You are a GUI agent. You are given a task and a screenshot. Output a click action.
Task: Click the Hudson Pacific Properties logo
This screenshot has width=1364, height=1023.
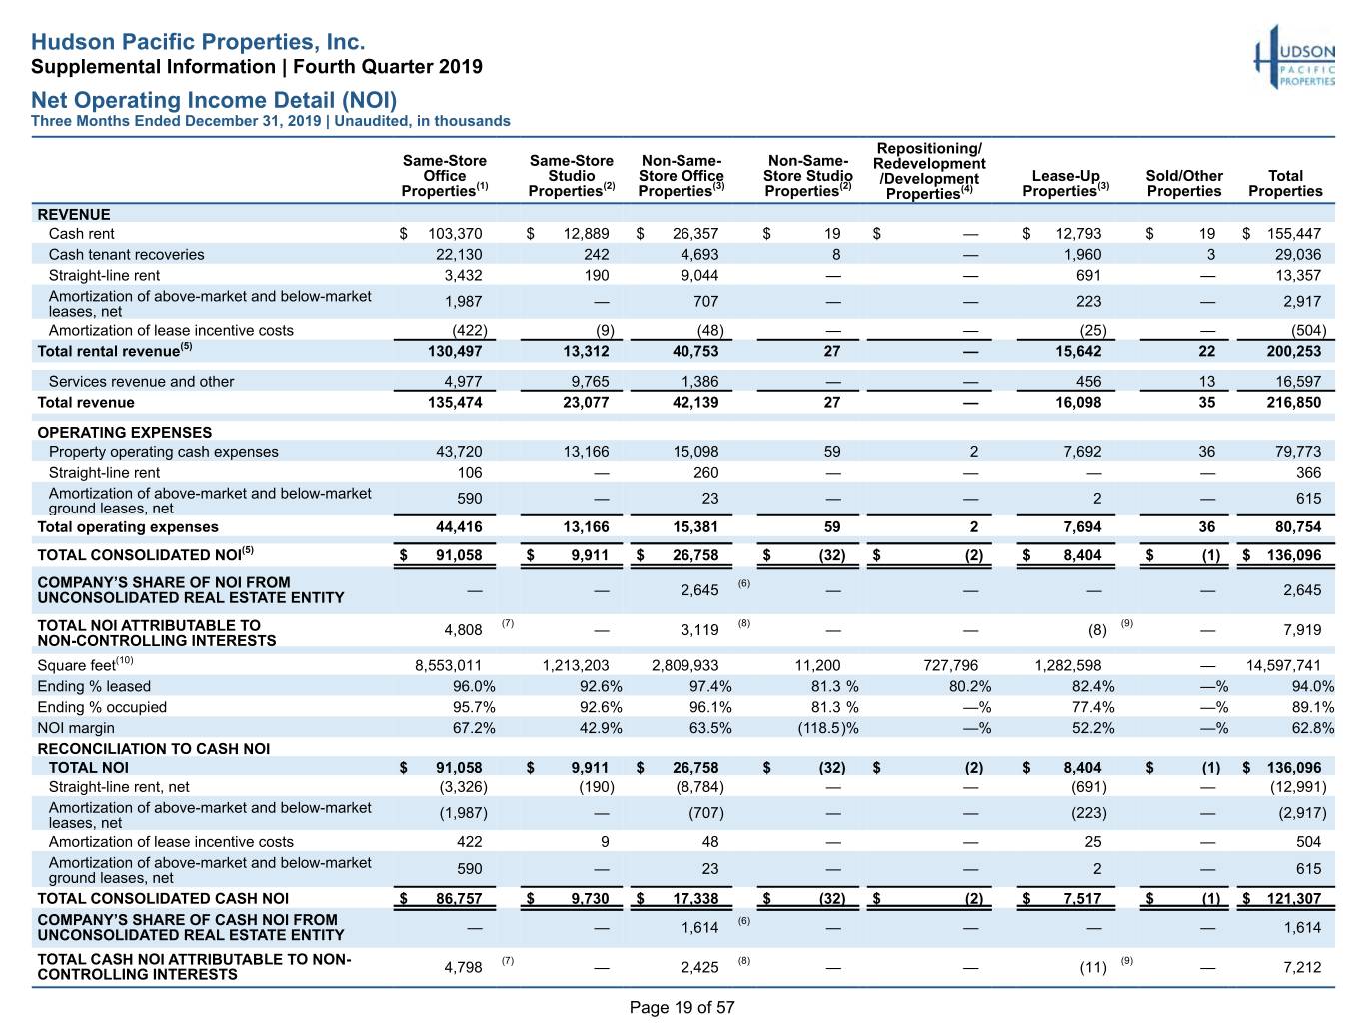[x=1294, y=57]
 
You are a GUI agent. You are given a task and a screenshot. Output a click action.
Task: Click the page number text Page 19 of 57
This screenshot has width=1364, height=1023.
[x=682, y=1007]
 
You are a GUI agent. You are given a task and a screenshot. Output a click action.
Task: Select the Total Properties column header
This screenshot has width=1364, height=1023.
[x=1284, y=183]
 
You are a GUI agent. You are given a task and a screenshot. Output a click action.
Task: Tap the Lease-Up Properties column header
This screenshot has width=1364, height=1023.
[x=1065, y=183]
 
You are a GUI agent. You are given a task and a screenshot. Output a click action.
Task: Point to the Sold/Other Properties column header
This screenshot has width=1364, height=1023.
[x=1184, y=183]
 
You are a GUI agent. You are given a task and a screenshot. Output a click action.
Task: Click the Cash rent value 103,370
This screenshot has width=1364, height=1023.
[x=455, y=234]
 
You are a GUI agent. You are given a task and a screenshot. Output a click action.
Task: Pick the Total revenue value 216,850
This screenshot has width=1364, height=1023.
[x=1294, y=402]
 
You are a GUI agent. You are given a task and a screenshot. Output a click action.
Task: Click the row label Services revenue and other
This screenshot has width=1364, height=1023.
[x=141, y=381]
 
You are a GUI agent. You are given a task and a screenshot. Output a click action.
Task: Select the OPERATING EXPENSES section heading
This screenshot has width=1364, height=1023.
[x=124, y=432]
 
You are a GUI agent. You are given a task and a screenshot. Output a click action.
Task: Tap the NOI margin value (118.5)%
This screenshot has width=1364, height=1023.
[x=827, y=728]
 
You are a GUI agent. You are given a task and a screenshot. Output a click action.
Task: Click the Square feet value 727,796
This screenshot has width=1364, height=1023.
[x=950, y=666]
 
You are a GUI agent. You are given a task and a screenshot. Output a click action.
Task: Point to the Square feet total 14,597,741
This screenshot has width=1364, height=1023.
[x=1283, y=666]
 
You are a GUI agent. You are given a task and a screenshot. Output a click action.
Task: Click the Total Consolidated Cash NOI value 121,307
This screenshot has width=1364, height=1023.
[x=1294, y=899]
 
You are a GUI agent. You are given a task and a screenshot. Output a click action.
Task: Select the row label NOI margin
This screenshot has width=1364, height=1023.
[x=76, y=728]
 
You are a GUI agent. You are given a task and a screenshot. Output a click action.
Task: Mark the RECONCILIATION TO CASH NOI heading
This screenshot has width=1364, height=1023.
[x=154, y=748]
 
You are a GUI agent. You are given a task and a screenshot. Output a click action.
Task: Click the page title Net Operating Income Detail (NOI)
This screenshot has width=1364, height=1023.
[x=214, y=99]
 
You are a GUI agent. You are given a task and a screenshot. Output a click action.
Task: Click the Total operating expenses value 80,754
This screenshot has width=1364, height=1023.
[x=1298, y=526]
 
